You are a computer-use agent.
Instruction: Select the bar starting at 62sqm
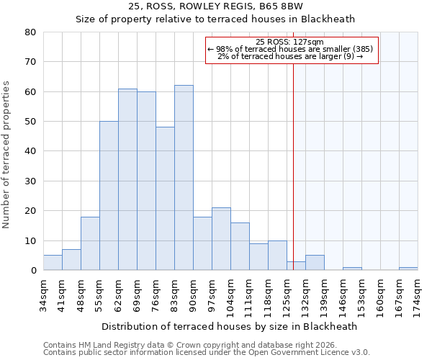(127, 179)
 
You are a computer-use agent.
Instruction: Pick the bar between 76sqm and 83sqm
(165, 199)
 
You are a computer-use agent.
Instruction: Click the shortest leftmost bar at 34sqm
(53, 263)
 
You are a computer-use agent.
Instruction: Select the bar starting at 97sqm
(221, 239)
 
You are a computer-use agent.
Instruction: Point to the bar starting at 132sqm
(315, 263)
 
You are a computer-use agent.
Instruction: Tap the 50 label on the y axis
(30, 122)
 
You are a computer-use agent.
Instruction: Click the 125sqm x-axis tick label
(287, 294)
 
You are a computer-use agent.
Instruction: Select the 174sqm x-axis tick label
(418, 294)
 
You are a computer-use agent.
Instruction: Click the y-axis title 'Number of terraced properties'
(7, 154)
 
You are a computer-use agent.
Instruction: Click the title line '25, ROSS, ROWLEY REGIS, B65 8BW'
(215, 6)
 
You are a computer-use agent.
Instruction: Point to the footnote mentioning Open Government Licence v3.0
(207, 353)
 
